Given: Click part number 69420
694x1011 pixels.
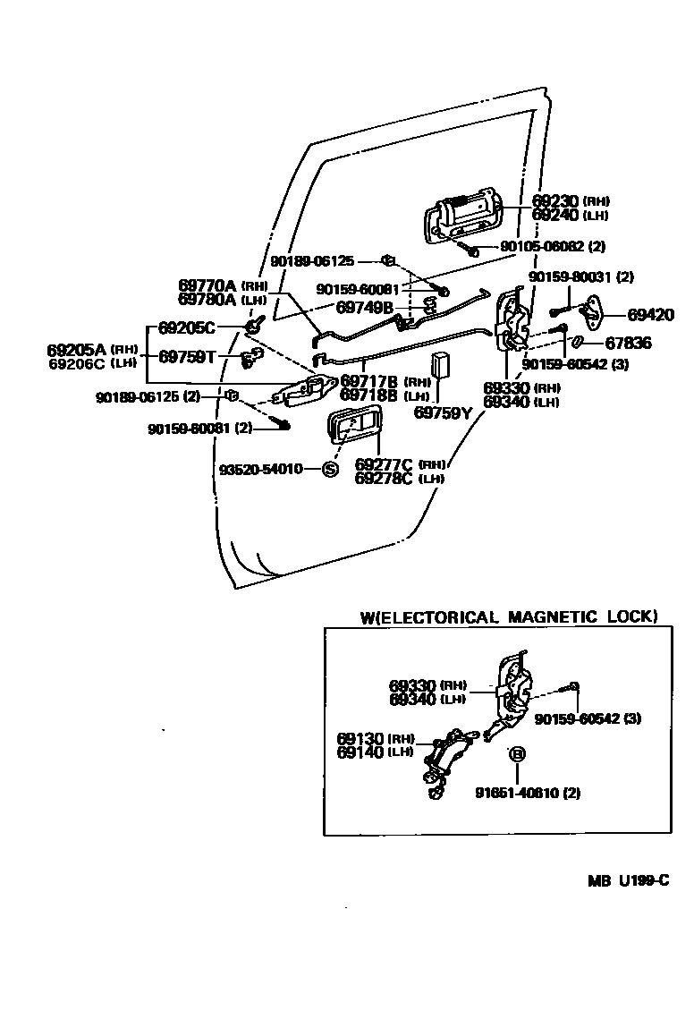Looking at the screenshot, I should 651,315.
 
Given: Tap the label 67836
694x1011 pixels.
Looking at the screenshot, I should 629,343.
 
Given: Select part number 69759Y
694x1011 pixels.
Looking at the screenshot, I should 442,412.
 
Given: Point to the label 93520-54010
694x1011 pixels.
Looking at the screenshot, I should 261,469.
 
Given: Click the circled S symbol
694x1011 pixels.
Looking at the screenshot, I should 329,469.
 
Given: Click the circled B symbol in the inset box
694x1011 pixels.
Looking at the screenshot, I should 517,753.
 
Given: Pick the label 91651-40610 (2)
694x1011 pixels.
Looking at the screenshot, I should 528,793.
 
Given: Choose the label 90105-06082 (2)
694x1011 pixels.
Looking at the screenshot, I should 553,246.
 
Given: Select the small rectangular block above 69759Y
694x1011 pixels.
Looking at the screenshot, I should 440,367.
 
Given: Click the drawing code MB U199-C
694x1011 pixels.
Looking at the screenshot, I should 629,880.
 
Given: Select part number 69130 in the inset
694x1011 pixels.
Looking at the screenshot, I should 360,739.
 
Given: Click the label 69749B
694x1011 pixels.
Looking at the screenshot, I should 365,307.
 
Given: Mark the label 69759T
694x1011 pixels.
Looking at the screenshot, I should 188,356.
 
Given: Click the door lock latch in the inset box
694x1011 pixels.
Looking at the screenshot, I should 513,690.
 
